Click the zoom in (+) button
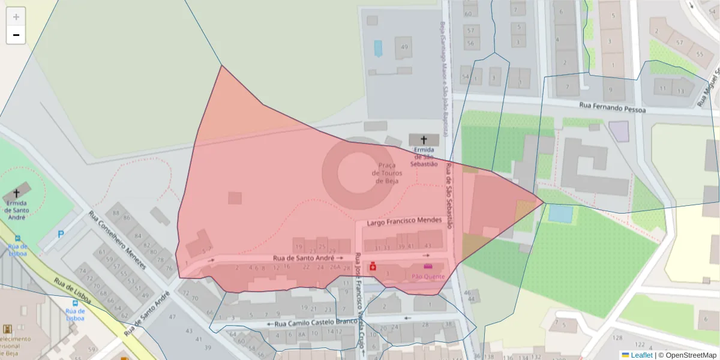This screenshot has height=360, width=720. coord(16,17)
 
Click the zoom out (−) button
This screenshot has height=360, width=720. coord(16,35)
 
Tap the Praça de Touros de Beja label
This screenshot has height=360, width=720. coord(386,173)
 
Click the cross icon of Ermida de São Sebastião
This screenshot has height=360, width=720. coord(424,140)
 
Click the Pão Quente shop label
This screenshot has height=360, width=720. coord(428,277)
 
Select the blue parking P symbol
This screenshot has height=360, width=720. coord(61,235)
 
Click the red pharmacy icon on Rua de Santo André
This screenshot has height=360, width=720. coord(373,266)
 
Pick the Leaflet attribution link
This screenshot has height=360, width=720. coord(641,355)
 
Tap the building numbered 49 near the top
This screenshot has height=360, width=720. coord(404,47)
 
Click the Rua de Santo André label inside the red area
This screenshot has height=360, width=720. coord(304,257)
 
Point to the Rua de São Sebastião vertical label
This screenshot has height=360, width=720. coord(448,194)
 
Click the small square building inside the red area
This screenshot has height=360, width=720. coord(235,198)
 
